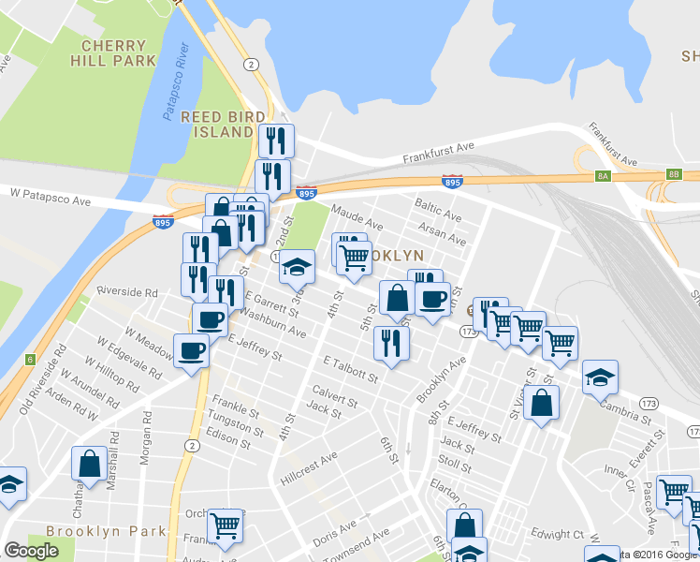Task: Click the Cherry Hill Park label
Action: [113, 52]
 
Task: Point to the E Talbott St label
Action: [350, 369]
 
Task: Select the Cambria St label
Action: [622, 407]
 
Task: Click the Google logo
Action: [31, 551]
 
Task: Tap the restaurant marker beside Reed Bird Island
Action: [276, 141]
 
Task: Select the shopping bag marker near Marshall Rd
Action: [90, 463]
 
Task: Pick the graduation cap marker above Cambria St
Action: [600, 377]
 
